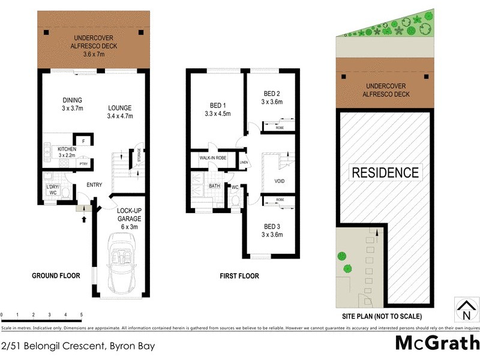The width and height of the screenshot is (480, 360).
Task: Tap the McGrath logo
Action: (x=437, y=344)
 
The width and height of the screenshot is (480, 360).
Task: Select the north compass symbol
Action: (x=466, y=308)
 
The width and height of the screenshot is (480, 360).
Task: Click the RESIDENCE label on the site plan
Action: (x=385, y=173)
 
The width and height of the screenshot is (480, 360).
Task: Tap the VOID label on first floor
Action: (x=279, y=180)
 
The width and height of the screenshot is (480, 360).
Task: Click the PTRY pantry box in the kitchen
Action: (x=83, y=163)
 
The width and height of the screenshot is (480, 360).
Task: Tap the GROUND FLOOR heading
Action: (x=56, y=276)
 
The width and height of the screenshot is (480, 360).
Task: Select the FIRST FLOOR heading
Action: (x=239, y=276)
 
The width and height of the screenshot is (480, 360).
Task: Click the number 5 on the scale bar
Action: (x=81, y=314)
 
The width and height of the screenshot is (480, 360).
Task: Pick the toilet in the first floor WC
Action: (x=235, y=200)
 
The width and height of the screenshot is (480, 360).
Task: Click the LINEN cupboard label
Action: (x=243, y=162)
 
